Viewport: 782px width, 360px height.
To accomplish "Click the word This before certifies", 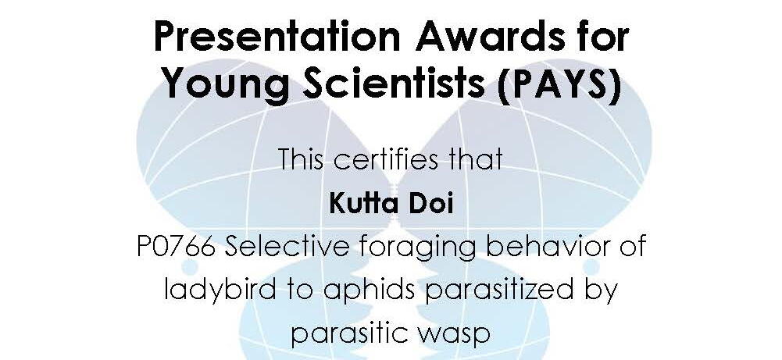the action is point(302,159).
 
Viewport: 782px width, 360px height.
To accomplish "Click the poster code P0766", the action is point(176,247).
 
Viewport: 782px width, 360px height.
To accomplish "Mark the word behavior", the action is point(545,247).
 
